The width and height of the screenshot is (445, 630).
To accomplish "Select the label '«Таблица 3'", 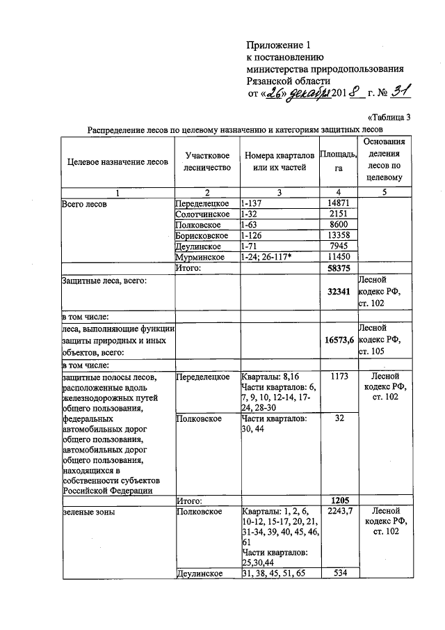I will tap(393, 116).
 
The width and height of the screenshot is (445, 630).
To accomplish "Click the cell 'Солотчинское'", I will tap(202, 214).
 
